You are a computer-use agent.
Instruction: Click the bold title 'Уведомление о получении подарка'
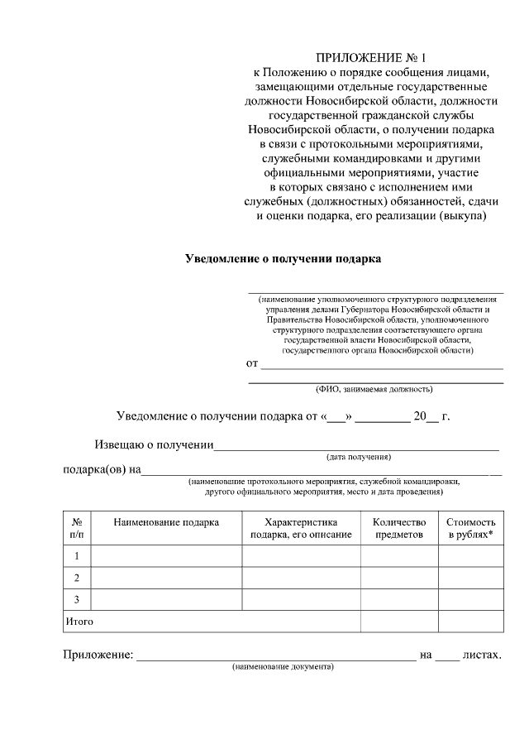(282, 258)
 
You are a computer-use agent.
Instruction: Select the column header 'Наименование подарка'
(166, 522)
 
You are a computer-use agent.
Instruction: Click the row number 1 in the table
(77, 555)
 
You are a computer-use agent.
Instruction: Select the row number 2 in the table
(77, 577)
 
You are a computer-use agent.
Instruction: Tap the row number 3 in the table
(77, 598)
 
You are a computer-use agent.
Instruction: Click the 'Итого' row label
(79, 620)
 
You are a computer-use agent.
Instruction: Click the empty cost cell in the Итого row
(470, 620)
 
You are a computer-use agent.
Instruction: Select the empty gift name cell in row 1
(166, 555)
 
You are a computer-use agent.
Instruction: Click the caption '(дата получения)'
(359, 457)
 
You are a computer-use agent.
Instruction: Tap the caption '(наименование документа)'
(283, 666)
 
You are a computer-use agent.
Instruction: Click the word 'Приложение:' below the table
(98, 655)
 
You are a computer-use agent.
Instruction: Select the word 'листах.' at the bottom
(483, 655)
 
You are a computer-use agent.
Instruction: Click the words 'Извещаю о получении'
(153, 445)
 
